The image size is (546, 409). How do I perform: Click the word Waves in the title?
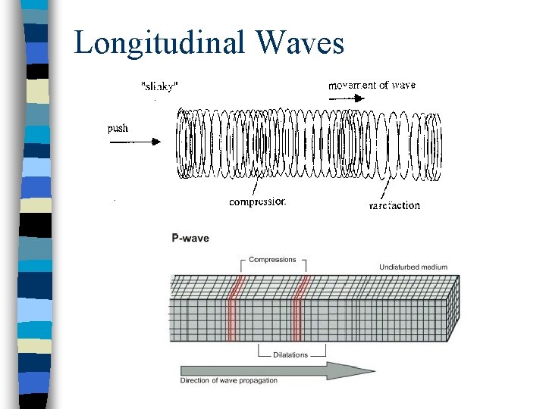click(x=300, y=42)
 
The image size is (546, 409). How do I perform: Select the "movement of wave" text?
click(x=372, y=85)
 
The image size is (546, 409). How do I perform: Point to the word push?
click(x=118, y=128)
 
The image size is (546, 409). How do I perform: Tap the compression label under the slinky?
click(x=257, y=202)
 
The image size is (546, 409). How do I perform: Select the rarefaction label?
click(x=394, y=205)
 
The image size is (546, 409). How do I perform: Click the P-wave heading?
click(x=190, y=239)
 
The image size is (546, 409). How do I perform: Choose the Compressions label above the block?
click(x=273, y=260)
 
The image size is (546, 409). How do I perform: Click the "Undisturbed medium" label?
click(x=413, y=267)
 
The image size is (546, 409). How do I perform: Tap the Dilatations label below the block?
click(x=291, y=354)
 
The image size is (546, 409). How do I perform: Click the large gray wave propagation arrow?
click(x=278, y=370)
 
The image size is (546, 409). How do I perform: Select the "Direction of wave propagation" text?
click(x=229, y=380)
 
